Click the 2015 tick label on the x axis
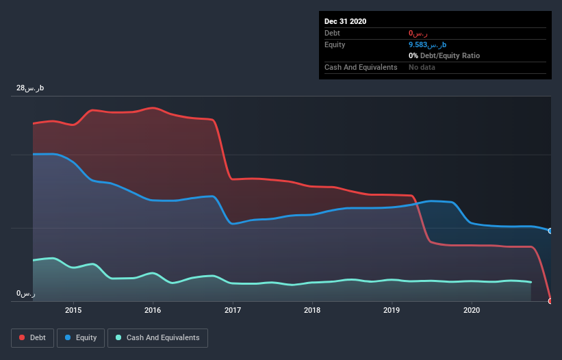(73, 310)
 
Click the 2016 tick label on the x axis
(153, 310)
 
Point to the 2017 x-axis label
(233, 310)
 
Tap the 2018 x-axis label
(312, 310)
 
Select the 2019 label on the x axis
(392, 310)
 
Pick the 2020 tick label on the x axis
(472, 310)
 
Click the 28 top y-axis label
(30, 88)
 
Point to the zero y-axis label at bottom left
(25, 294)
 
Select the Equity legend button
(81, 337)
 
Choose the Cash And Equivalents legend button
(157, 337)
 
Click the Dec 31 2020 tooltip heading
(346, 21)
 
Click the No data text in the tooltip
(422, 67)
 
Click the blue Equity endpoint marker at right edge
(550, 231)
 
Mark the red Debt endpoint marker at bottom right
(550, 301)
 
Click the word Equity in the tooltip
(335, 44)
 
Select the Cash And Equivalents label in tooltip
(361, 67)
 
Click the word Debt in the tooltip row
(332, 33)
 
